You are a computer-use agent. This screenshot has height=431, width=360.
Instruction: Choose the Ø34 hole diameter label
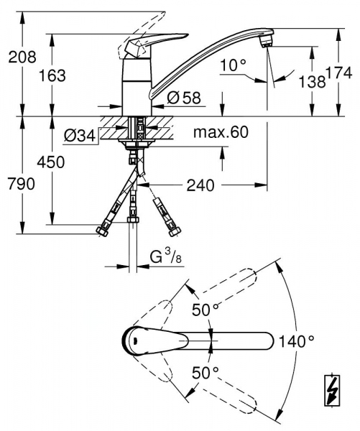[79, 134]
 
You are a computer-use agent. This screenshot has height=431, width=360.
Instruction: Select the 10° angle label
[234, 65]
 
